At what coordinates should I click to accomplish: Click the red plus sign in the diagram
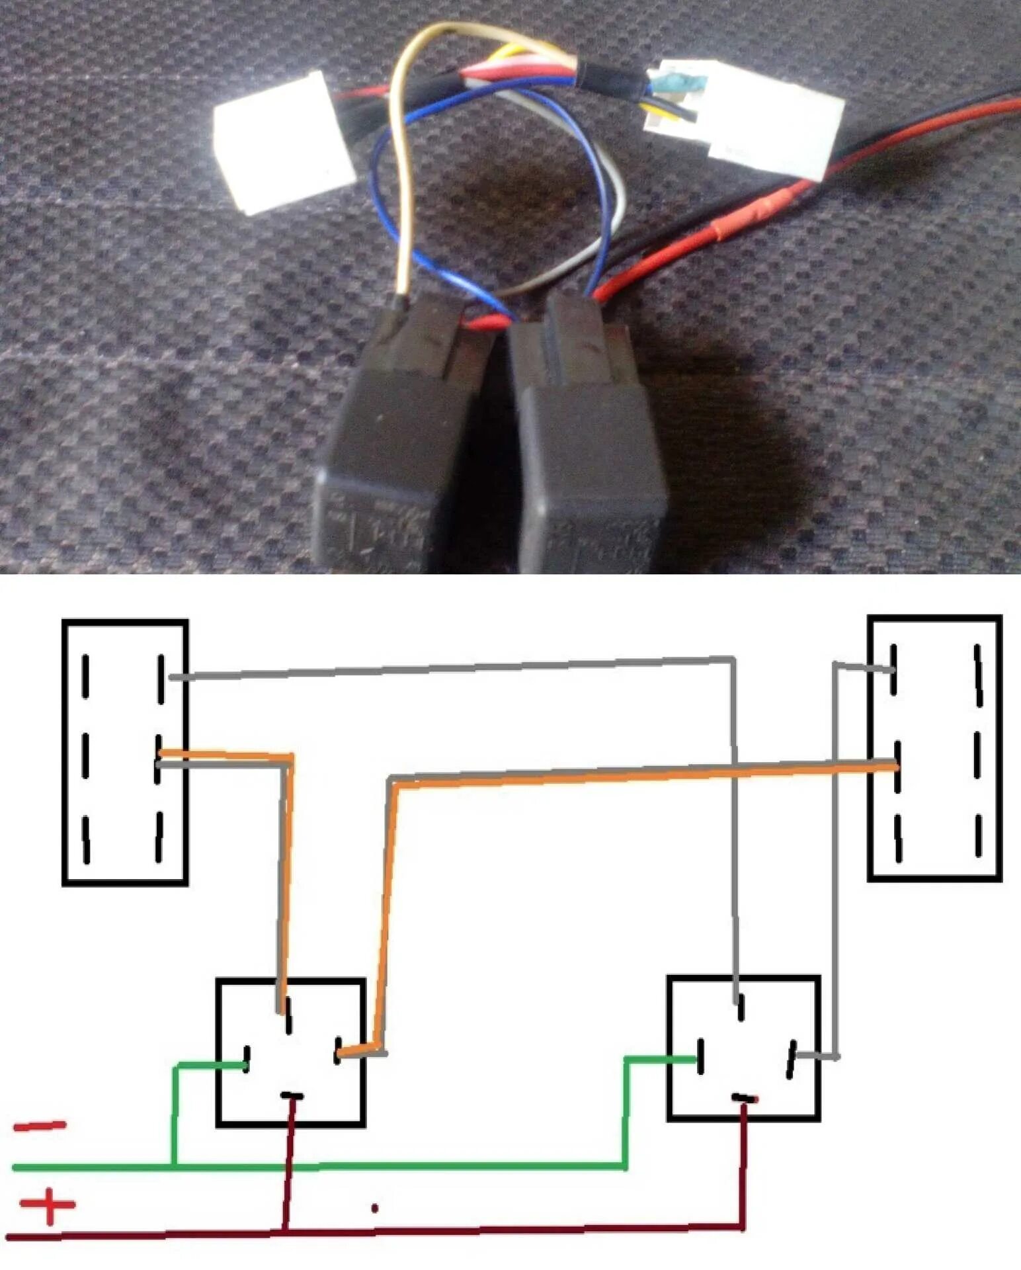(x=48, y=1205)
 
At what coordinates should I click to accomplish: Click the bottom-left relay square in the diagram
(x=291, y=1052)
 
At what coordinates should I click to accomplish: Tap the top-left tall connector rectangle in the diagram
(x=125, y=752)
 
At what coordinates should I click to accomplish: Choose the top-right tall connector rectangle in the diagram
(x=934, y=748)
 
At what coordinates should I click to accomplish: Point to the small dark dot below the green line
(x=375, y=1208)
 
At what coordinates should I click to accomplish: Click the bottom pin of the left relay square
(x=292, y=1097)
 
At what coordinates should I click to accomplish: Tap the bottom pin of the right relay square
(x=745, y=1099)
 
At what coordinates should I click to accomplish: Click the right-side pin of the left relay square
(x=339, y=1051)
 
